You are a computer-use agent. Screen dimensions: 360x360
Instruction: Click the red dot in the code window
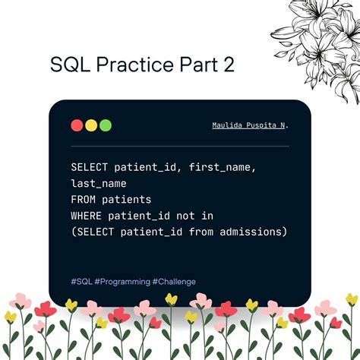click(77, 125)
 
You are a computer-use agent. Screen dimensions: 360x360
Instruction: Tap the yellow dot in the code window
click(91, 125)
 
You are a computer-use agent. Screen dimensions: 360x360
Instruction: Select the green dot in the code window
click(105, 125)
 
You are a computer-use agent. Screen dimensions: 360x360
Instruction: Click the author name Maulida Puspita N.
click(250, 125)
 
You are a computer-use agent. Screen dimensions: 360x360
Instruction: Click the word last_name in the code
click(99, 183)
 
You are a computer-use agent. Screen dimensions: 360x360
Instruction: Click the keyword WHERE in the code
click(89, 216)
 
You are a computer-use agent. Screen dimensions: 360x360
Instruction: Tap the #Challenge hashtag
click(174, 281)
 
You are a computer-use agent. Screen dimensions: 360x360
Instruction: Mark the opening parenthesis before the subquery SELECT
click(74, 232)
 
